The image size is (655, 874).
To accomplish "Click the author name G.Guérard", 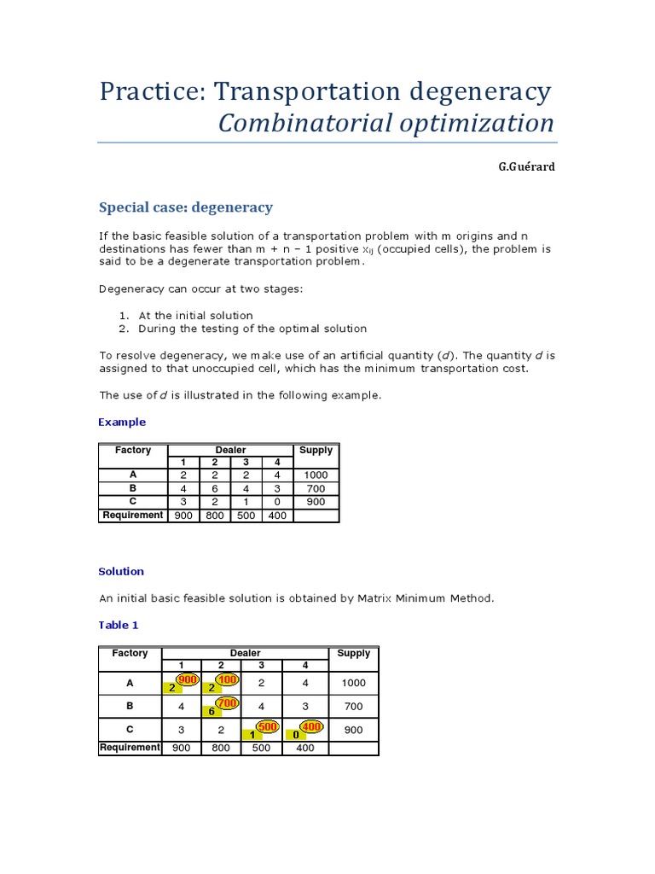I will [526, 166].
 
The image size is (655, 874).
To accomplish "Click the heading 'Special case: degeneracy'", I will [186, 207].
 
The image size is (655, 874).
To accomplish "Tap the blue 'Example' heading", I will [122, 422].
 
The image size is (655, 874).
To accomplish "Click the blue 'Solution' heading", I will [121, 571].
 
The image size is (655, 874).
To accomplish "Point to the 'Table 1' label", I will [119, 625].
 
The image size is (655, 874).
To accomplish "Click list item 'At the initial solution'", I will [195, 315].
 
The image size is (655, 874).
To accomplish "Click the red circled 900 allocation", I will [188, 679].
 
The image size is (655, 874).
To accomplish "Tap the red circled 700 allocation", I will [227, 702].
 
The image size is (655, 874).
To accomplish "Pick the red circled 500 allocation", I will [268, 726].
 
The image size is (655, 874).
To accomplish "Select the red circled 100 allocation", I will [227, 679].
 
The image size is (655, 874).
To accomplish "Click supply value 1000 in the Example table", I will [316, 475].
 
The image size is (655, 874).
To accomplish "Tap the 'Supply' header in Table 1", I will [353, 653].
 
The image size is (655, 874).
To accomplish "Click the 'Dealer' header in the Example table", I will [230, 450].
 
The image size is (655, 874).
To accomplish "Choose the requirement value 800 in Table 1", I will [222, 748].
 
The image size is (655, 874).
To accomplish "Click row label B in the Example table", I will [133, 488].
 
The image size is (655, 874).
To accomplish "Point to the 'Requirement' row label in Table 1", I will [130, 748].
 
